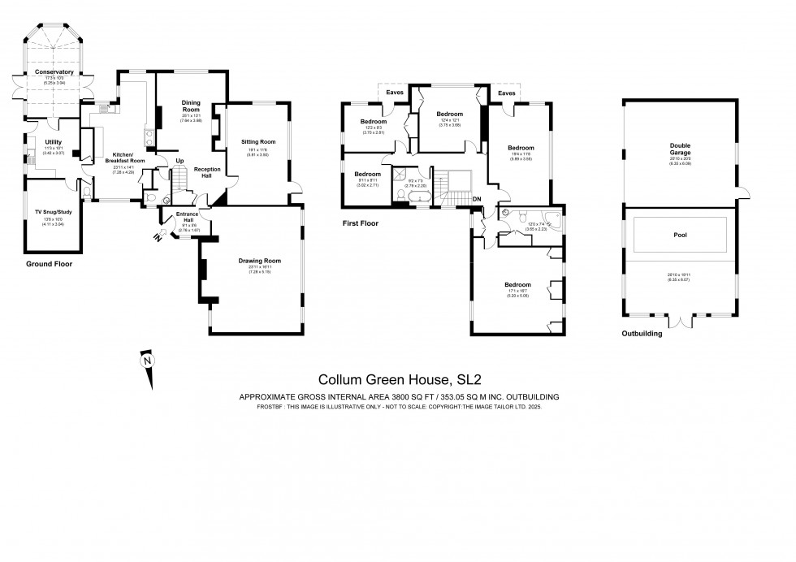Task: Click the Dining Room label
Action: (x=191, y=105)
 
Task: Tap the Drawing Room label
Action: (x=259, y=261)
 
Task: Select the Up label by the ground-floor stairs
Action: (x=180, y=160)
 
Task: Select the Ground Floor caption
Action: (x=50, y=264)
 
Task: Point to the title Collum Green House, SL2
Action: (x=397, y=378)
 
